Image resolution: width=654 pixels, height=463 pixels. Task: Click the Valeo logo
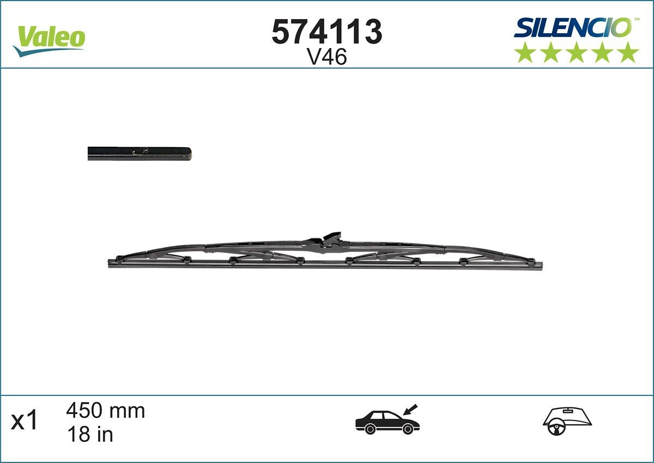click(x=49, y=39)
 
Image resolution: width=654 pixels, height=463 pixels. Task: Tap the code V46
click(x=327, y=57)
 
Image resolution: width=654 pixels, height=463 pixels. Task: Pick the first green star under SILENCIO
click(x=525, y=53)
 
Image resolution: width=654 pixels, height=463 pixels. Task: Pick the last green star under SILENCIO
click(x=628, y=53)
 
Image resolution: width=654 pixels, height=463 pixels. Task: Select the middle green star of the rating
click(x=577, y=53)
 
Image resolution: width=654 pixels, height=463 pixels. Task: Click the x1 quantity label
click(x=25, y=422)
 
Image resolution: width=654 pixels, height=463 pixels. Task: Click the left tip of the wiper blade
click(x=111, y=263)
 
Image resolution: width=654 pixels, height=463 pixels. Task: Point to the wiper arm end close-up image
click(x=140, y=154)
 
